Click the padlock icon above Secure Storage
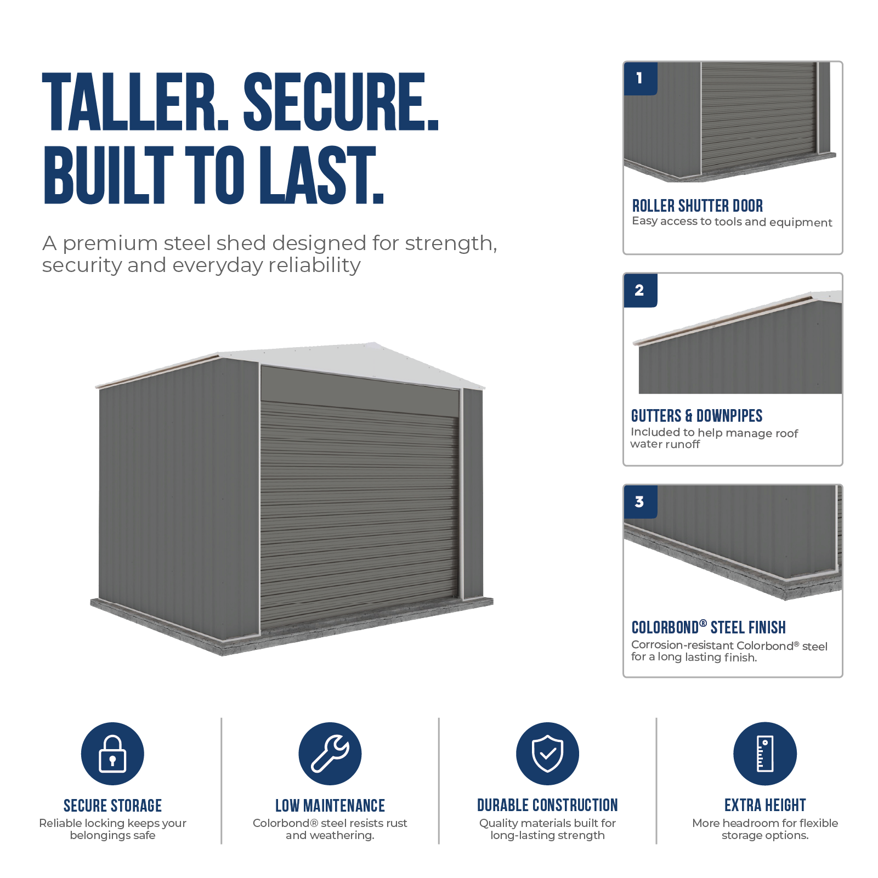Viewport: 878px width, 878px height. (x=112, y=754)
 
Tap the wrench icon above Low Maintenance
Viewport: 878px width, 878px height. (x=330, y=754)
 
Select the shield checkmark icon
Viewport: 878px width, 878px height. (x=547, y=754)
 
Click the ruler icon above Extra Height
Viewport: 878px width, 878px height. (x=765, y=754)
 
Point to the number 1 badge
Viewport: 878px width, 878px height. (x=641, y=78)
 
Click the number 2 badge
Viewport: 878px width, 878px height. (x=641, y=290)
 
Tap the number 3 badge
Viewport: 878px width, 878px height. (x=641, y=502)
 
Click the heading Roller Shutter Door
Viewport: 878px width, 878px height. (x=698, y=206)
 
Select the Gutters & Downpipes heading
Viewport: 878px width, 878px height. (x=696, y=416)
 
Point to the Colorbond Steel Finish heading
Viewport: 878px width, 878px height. (x=709, y=627)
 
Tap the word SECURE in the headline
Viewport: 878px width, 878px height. (x=341, y=103)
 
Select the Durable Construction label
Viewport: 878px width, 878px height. (x=547, y=805)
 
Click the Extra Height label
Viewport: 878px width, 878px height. (x=765, y=805)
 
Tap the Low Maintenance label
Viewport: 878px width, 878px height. (x=330, y=806)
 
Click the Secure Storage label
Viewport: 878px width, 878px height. (x=112, y=806)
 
